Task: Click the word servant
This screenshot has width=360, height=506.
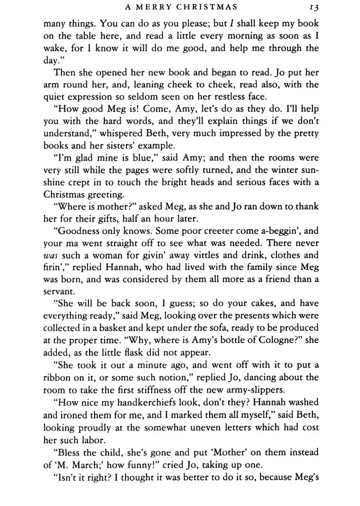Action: point(57,291)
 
